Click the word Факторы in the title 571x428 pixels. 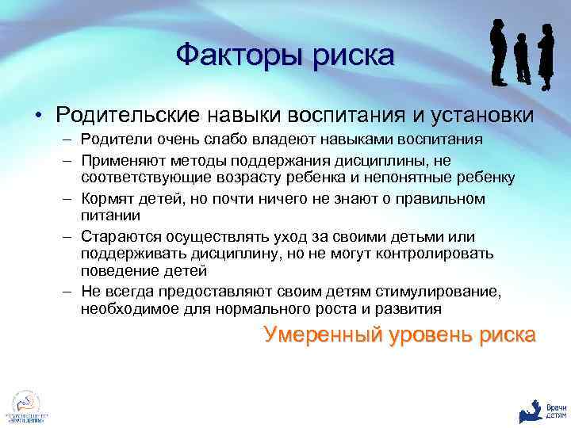(229, 55)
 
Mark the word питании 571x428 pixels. (109, 214)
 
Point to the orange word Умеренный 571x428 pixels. (320, 335)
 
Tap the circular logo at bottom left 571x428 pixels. (26, 403)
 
